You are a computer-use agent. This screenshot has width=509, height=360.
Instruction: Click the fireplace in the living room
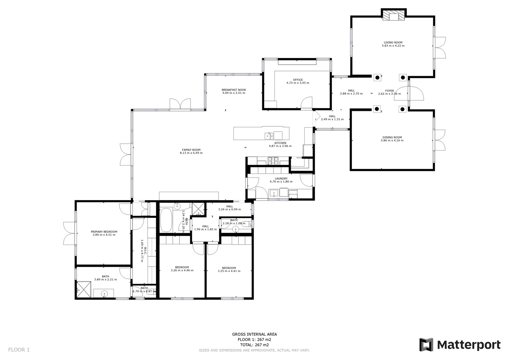pos(393,16)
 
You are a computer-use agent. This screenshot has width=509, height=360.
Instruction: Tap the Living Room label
pos(393,43)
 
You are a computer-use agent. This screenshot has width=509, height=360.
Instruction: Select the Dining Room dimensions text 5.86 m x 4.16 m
pos(392,141)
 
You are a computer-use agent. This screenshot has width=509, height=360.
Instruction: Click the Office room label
pos(298,80)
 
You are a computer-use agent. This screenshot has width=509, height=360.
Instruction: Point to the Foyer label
pos(389,91)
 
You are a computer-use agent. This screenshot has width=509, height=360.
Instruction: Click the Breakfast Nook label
pos(234,90)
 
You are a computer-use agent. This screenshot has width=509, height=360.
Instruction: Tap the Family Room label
pos(191,150)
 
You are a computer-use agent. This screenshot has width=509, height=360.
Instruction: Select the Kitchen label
pos(280,143)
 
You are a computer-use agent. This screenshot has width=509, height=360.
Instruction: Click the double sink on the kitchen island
pos(269,135)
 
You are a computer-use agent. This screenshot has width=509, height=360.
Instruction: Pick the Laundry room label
pos(281,179)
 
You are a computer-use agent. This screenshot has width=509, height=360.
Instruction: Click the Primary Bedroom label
pos(104,232)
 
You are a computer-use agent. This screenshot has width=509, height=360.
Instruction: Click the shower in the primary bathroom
pos(84,289)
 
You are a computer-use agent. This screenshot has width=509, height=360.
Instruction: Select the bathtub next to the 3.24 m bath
pos(166,220)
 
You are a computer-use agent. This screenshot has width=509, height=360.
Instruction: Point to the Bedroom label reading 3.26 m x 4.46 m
pos(182,267)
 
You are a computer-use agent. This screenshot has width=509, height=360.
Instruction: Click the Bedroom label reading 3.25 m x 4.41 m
pos(229,268)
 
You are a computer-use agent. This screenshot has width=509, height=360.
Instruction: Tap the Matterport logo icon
pos(426,345)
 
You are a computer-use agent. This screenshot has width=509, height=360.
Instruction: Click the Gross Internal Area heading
pos(254,334)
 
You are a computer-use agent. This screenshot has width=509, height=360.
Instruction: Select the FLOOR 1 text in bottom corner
pos(19,350)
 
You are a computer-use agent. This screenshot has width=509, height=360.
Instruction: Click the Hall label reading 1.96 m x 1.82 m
pos(206,226)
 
